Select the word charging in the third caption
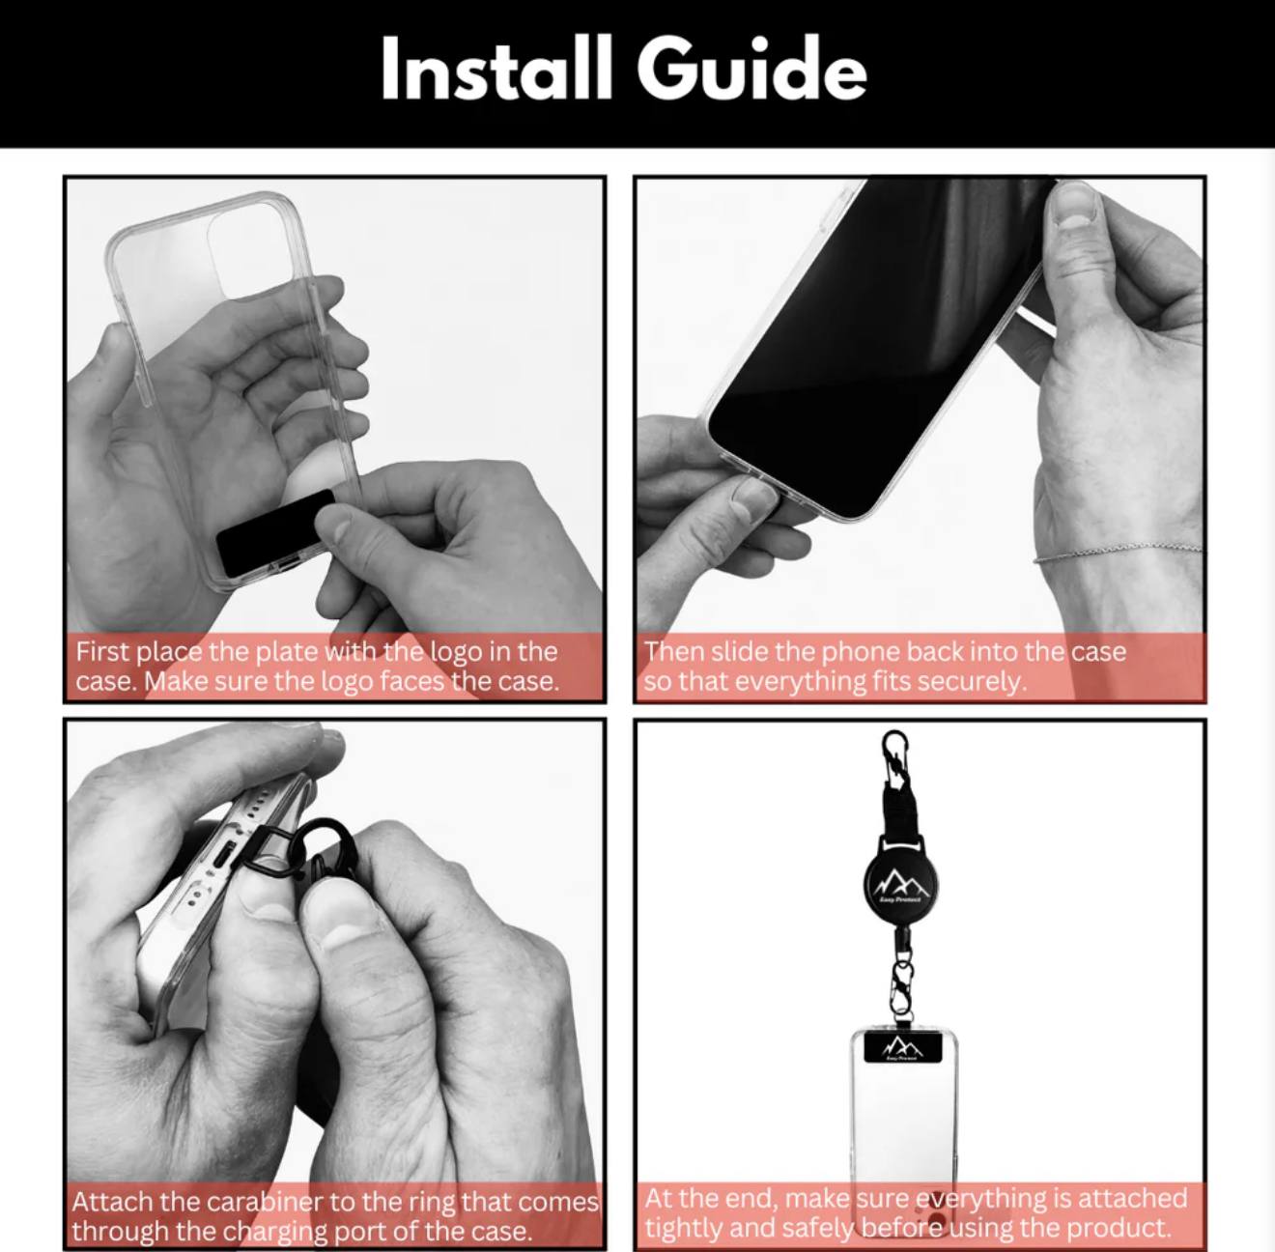click(275, 1232)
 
